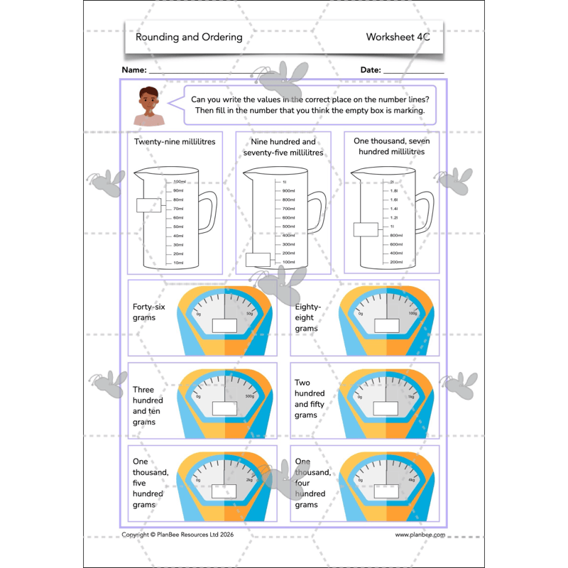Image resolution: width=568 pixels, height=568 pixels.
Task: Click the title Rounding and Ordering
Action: tap(189, 38)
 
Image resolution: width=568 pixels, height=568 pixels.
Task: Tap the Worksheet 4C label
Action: tap(398, 38)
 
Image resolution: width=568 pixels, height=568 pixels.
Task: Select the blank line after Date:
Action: tap(413, 72)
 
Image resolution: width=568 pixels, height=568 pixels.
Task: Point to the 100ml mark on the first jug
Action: tap(178, 182)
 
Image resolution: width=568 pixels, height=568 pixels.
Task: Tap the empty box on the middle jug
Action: tap(258, 259)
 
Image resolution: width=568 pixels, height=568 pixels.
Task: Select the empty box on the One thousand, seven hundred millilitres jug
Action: tap(366, 229)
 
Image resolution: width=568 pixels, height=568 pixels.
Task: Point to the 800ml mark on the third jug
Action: tap(396, 235)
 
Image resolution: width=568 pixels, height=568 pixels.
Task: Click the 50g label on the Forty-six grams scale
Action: tap(249, 313)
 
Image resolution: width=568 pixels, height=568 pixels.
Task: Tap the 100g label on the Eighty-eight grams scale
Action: tap(413, 313)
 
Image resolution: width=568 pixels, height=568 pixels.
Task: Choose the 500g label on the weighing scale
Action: tap(249, 396)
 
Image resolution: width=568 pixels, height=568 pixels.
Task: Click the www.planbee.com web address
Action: tap(420, 535)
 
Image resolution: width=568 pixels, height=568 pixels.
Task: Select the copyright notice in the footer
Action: tap(177, 535)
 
